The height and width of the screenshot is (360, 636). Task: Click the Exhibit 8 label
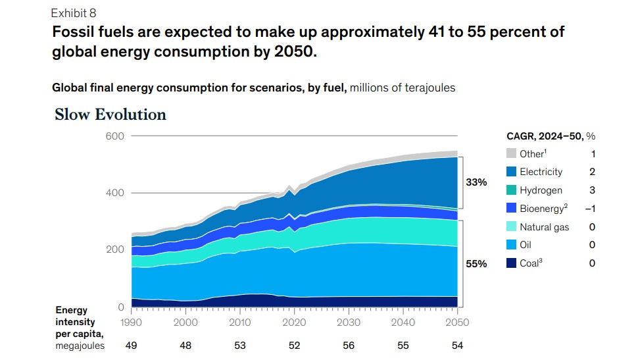(x=73, y=13)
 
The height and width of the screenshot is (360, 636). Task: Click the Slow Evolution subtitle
(x=110, y=115)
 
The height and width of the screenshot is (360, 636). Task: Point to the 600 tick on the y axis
(x=115, y=136)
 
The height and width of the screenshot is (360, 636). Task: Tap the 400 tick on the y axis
(x=115, y=193)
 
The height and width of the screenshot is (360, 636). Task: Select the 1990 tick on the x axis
(x=132, y=322)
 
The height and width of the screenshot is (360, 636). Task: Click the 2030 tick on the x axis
(x=349, y=322)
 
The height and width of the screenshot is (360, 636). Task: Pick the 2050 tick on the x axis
(x=457, y=322)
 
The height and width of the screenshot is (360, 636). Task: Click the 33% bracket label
(x=476, y=182)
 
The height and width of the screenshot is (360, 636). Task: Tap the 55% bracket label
(x=476, y=264)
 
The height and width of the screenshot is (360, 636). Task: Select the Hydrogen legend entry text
(x=541, y=190)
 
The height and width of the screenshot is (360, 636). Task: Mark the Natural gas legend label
(x=544, y=227)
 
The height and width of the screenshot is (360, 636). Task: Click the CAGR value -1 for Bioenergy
(x=591, y=209)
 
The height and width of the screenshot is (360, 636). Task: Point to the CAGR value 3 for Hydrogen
(x=592, y=190)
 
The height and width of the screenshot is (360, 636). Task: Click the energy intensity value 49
(x=132, y=346)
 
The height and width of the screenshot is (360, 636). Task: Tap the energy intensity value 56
(x=349, y=346)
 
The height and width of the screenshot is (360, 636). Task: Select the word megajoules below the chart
(x=80, y=346)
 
